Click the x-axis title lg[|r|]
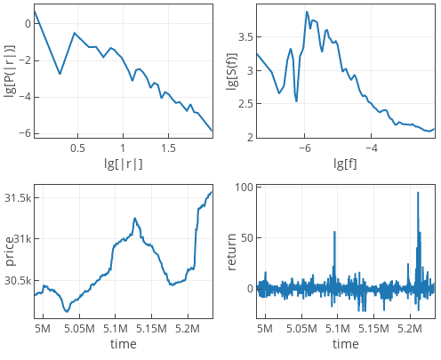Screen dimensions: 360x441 (123, 164)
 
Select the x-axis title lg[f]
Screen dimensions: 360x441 (345, 164)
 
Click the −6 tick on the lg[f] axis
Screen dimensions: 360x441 (304, 148)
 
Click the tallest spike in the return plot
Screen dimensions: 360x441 (418, 193)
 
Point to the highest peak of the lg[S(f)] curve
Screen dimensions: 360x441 (307, 12)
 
